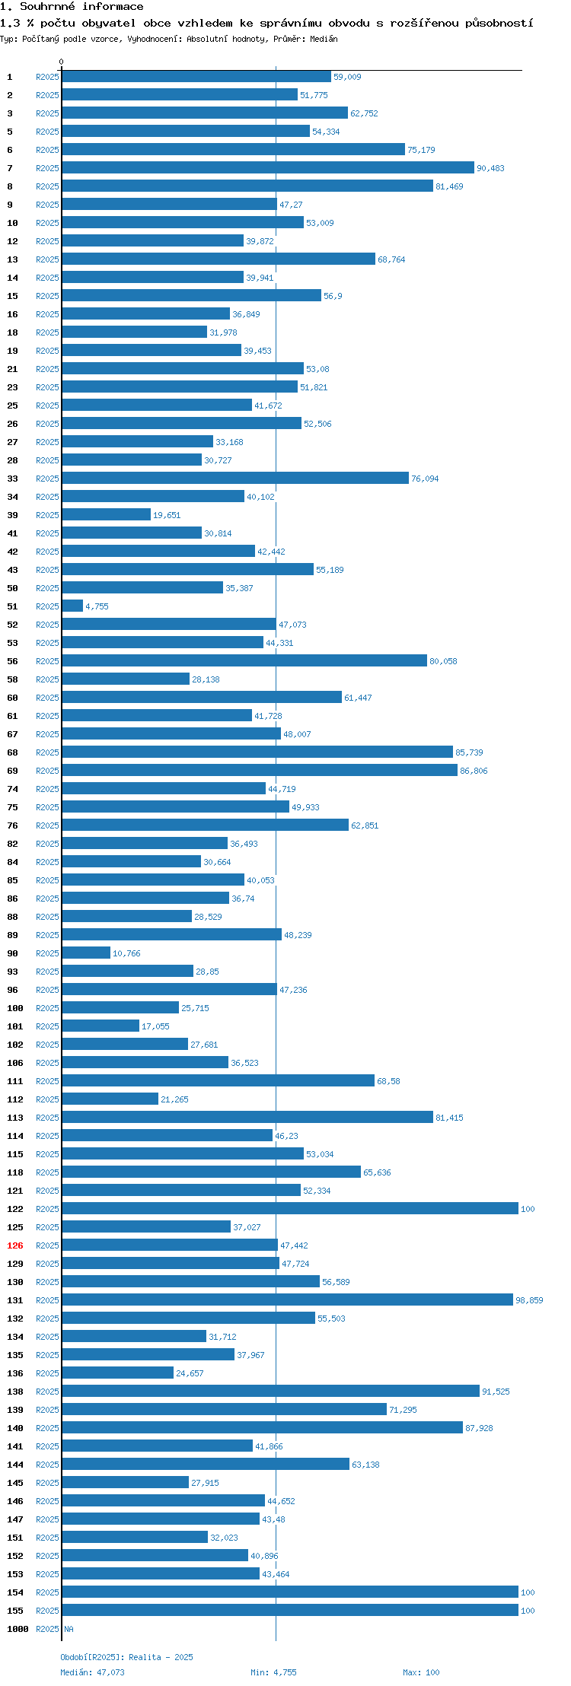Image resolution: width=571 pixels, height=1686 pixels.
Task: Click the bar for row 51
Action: click(72, 606)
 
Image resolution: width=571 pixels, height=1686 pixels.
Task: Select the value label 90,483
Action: click(490, 168)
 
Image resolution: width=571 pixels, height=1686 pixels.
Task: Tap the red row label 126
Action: click(15, 1245)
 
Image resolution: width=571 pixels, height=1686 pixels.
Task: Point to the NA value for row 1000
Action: click(69, 1629)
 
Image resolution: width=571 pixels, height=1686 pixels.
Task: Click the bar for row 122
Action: click(290, 1209)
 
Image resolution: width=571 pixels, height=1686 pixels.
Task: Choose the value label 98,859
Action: click(529, 1300)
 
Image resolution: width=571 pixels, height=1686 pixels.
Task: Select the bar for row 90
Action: click(86, 953)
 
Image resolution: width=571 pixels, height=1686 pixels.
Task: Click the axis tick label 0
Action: click(62, 62)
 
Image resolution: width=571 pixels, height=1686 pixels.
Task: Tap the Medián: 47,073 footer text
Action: click(92, 1672)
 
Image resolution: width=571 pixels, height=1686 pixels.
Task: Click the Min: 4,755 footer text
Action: click(273, 1672)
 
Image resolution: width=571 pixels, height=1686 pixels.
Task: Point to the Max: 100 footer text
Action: click(421, 1672)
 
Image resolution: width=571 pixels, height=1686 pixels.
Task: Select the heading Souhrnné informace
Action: click(81, 7)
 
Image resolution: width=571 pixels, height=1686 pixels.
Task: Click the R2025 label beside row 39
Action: click(47, 515)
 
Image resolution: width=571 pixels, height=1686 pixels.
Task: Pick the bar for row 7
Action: click(268, 168)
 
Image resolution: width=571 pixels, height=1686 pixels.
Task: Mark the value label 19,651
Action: click(167, 515)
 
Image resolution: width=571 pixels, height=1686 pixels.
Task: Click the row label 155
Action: click(15, 1611)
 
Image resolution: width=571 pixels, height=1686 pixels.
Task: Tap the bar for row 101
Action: click(100, 1026)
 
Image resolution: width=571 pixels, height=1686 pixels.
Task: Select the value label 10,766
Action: click(126, 953)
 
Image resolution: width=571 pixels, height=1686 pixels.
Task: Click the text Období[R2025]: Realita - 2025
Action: click(126, 1657)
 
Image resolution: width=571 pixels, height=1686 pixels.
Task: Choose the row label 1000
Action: click(18, 1629)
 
